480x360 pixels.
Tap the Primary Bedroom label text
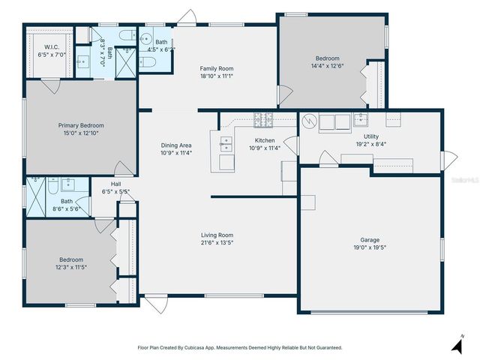[x=81, y=125]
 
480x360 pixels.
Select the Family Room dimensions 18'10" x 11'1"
[x=217, y=76]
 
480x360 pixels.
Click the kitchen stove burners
[x=262, y=118]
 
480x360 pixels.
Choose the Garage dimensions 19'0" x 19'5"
[x=369, y=247]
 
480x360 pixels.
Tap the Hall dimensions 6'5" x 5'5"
[x=115, y=191]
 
